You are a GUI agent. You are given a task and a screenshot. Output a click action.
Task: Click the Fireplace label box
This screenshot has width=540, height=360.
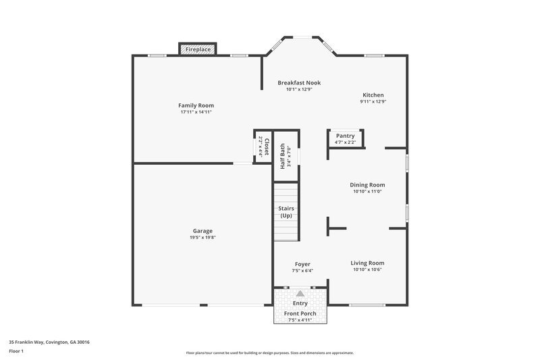pos(198,50)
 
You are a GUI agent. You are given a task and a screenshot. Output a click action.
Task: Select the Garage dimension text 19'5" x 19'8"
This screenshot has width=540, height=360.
pos(202,237)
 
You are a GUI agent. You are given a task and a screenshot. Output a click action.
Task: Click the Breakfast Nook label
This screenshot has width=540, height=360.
pos(299,82)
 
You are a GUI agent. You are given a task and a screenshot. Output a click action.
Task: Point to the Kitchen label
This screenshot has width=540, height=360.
pos(373,95)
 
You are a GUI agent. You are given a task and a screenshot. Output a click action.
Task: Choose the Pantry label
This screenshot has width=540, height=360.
pos(345,136)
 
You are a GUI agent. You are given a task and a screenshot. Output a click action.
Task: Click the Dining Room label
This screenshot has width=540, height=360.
pos(367,184)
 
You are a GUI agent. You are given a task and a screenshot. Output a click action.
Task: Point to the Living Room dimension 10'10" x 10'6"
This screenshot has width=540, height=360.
pos(367,269)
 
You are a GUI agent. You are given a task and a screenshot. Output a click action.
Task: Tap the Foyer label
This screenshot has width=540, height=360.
pos(302,263)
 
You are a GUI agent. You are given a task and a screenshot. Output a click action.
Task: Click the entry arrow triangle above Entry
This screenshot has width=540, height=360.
pos(300,294)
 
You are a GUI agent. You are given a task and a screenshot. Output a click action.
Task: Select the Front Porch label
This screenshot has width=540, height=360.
pos(300,313)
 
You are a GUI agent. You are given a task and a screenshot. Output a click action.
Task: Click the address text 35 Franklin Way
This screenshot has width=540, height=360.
pos(49,342)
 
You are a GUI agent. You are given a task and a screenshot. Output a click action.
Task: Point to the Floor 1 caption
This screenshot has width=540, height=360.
pos(17,351)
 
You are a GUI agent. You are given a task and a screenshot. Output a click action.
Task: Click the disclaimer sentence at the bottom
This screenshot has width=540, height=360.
pos(269,353)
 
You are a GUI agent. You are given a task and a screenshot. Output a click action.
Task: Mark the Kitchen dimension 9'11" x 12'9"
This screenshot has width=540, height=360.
pos(373,102)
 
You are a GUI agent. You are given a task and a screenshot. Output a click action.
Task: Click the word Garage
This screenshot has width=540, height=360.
pos(202,230)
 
